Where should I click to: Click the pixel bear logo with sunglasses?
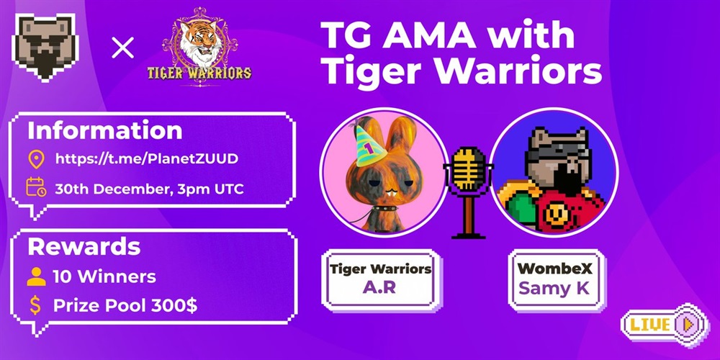click(x=45, y=48)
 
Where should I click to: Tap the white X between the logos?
click(x=122, y=48)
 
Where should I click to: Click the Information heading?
click(x=104, y=131)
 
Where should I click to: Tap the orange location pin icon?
click(x=36, y=159)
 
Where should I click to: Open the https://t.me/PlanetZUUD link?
click(x=147, y=159)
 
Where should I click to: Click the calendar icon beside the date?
click(x=36, y=187)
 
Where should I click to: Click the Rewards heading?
click(x=84, y=247)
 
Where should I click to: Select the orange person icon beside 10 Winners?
click(x=36, y=277)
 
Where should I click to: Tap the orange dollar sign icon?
click(x=35, y=305)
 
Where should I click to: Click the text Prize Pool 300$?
click(x=125, y=305)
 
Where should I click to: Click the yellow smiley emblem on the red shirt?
click(x=557, y=213)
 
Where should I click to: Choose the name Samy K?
click(x=557, y=289)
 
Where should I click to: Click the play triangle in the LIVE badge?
click(x=688, y=324)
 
